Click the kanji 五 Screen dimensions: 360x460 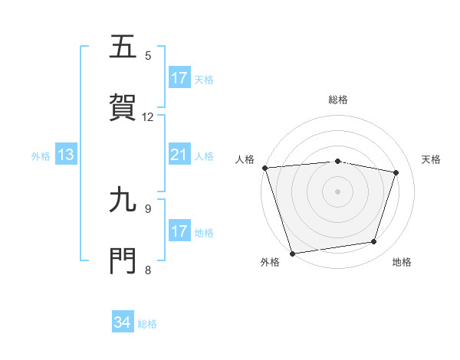tap(123, 47)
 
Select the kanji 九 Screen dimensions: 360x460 tap(123, 200)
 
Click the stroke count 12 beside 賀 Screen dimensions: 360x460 tap(148, 116)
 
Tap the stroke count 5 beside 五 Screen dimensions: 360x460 tap(148, 55)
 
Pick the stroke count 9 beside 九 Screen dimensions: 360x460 tap(148, 208)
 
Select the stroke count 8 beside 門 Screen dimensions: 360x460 tap(148, 269)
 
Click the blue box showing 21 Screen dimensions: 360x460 tap(179, 155)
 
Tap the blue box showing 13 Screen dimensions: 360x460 tap(66, 155)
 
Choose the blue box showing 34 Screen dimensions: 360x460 tap(123, 323)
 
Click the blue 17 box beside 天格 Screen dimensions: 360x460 tap(179, 78)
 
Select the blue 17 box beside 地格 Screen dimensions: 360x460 tap(179, 231)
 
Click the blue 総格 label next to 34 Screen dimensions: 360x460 tap(147, 324)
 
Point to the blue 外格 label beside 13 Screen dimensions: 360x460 tap(41, 156)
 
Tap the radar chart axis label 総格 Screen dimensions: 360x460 tap(338, 100)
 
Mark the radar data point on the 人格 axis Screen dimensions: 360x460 tap(264, 168)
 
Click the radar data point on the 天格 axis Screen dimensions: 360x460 tap(396, 172)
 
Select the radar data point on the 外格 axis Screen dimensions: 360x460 tap(292, 253)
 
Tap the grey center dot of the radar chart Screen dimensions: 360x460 tap(338, 191)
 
